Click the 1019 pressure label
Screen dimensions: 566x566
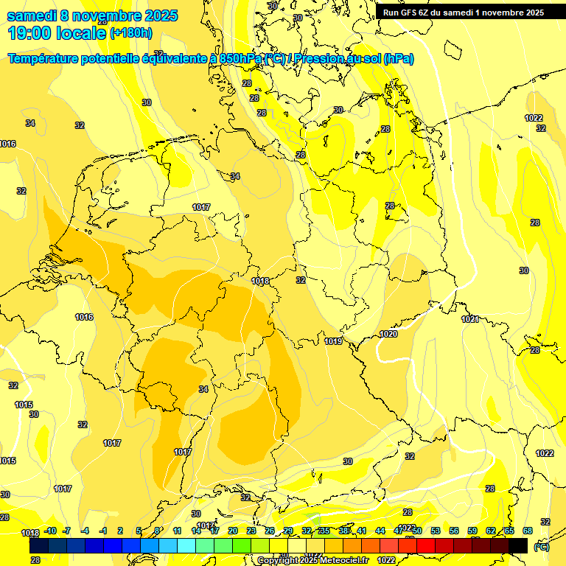pyautogui.click(x=333, y=341)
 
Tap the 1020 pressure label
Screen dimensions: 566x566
pyautogui.click(x=388, y=334)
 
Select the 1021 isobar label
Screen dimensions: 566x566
pyautogui.click(x=470, y=319)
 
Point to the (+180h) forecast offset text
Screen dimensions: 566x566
pyautogui.click(x=130, y=32)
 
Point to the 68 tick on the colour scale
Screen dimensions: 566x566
pyautogui.click(x=528, y=531)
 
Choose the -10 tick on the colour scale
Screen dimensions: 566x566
pyautogui.click(x=50, y=531)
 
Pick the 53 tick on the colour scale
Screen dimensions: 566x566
pyautogui.click(x=436, y=531)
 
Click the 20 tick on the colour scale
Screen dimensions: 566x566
pyautogui.click(x=232, y=531)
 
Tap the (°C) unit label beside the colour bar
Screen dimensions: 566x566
pyautogui.click(x=542, y=547)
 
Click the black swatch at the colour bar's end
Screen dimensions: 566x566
pyautogui.click(x=518, y=545)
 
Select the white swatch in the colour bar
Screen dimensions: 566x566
pyautogui.click(x=297, y=545)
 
